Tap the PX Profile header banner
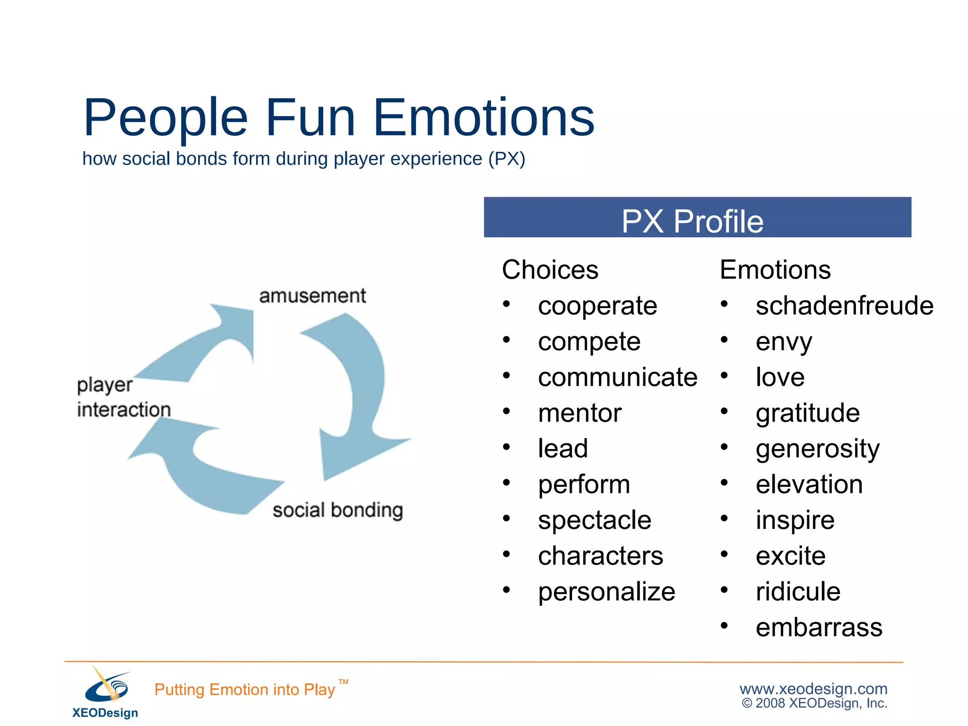pyautogui.click(x=697, y=217)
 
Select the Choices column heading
pyautogui.click(x=550, y=270)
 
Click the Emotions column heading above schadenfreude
pyautogui.click(x=775, y=270)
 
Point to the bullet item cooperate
pyautogui.click(x=597, y=306)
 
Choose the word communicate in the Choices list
pyautogui.click(x=617, y=377)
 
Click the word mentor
pyautogui.click(x=579, y=413)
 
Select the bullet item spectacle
pyautogui.click(x=594, y=520)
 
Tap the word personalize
pyautogui.click(x=606, y=592)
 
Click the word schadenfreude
pyautogui.click(x=844, y=306)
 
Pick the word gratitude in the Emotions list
pyautogui.click(x=807, y=413)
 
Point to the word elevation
pyautogui.click(x=809, y=484)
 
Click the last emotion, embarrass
pyautogui.click(x=819, y=628)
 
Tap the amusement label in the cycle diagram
pyautogui.click(x=312, y=296)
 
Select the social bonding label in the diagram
pyautogui.click(x=337, y=510)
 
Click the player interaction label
pyautogui.click(x=123, y=397)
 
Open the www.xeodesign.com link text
pyautogui.click(x=813, y=689)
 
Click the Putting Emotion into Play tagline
pyautogui.click(x=244, y=690)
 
